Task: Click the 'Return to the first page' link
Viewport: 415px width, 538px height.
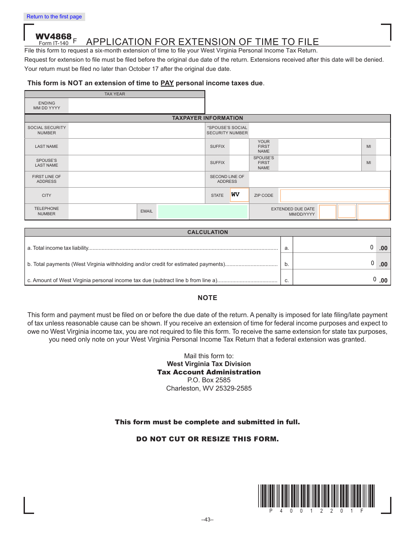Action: [x=54, y=17]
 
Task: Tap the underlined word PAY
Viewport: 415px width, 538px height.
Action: [x=167, y=83]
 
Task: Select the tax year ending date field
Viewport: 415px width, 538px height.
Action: [x=136, y=106]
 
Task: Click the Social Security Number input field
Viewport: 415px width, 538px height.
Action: [x=136, y=130]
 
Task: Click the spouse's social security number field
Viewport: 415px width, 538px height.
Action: [x=319, y=130]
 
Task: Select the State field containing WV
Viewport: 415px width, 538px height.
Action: [x=239, y=195]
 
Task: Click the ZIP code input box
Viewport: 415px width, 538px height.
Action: [x=334, y=196]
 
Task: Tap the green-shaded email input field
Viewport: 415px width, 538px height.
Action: [x=202, y=212]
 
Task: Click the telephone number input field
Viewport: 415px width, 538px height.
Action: [x=102, y=212]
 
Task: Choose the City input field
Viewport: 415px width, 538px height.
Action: [x=136, y=196]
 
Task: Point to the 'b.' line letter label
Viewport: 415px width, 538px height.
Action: [x=287, y=265]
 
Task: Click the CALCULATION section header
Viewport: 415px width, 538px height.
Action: [x=207, y=232]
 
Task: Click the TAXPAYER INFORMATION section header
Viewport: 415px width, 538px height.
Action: [x=207, y=118]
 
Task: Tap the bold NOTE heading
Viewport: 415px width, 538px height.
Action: [x=207, y=298]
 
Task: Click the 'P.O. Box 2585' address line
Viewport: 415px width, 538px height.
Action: [x=209, y=380]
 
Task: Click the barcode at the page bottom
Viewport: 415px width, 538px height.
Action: [x=316, y=496]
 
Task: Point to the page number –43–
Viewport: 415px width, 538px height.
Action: [x=207, y=520]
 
